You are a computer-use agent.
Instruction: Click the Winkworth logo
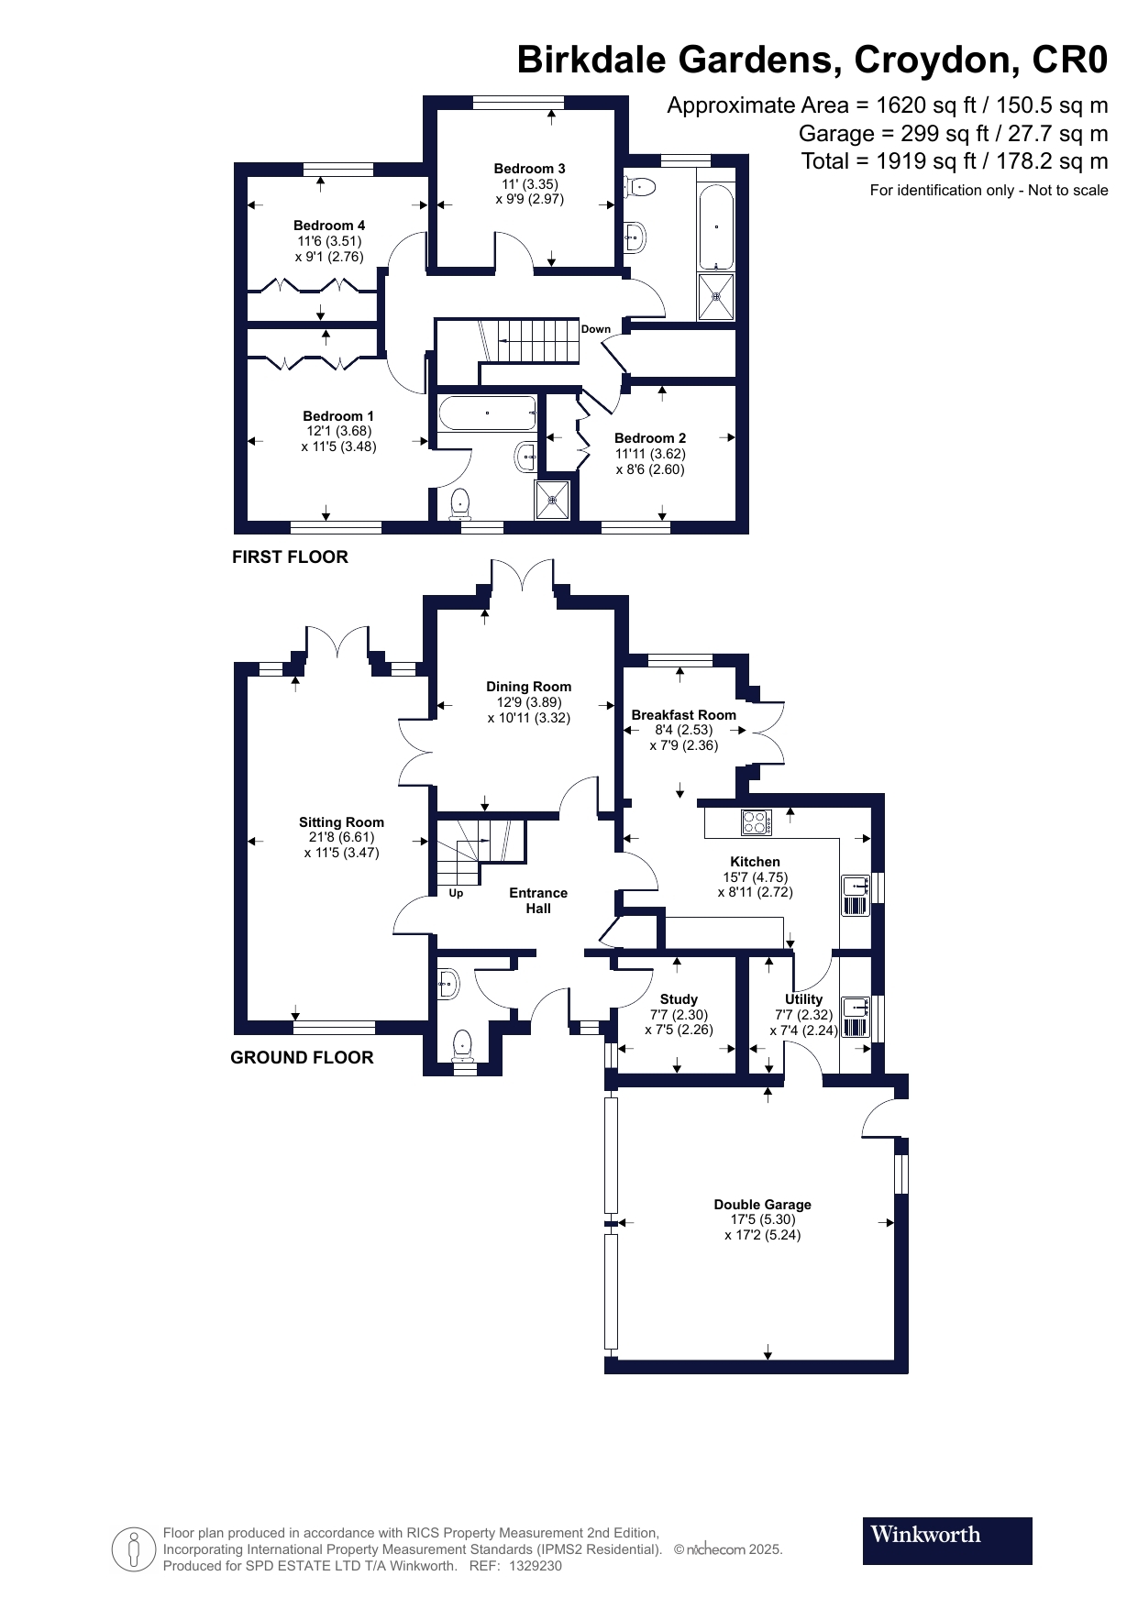pos(946,1540)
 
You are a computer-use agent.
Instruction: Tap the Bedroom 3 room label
pos(529,169)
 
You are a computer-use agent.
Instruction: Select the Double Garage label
pos(762,1205)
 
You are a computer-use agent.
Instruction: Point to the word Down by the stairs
pos(595,329)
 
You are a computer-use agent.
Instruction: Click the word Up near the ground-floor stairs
pos(456,893)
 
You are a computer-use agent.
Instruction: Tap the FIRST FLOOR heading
pos(290,557)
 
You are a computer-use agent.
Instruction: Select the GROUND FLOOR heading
pos(302,1057)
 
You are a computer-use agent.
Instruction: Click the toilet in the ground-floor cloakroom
pos(462,1044)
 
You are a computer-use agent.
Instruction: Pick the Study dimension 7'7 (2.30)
pos(679,1015)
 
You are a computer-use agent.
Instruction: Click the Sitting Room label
pos(341,822)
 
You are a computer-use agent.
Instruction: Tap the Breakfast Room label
pos(683,715)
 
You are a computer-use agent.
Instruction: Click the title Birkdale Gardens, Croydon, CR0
pos(812,60)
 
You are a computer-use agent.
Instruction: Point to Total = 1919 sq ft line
pos(954,161)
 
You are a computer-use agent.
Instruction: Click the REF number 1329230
pos(535,1566)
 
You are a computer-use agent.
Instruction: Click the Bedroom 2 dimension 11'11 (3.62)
pos(649,453)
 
